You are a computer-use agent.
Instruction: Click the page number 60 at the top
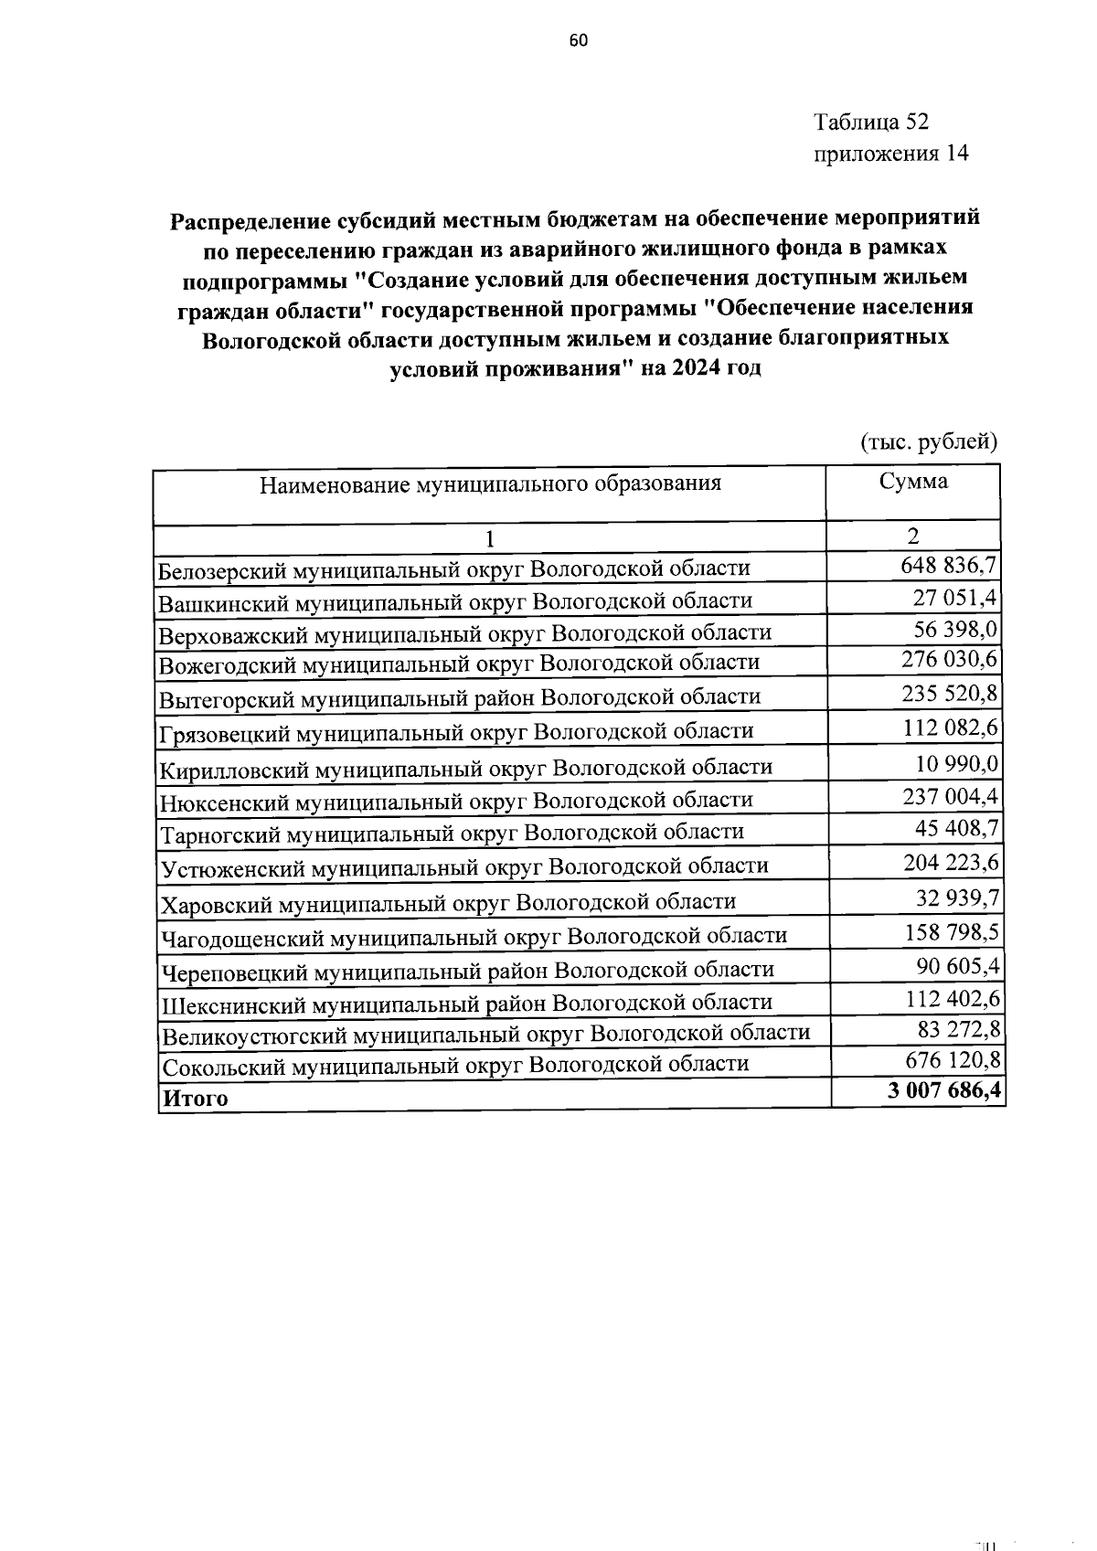[578, 40]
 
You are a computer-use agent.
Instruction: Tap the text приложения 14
[890, 153]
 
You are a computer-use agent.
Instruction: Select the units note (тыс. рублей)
[929, 442]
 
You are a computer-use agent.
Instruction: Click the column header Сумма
[913, 482]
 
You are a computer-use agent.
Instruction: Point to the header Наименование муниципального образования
[490, 483]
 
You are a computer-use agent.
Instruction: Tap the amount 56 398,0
[956, 629]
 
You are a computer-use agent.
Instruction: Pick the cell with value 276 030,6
[950, 660]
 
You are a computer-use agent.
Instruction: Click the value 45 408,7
[956, 829]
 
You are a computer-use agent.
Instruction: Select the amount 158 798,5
[950, 933]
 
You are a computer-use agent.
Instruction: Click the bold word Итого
[195, 1098]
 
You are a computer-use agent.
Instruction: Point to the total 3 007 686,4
[943, 1091]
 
